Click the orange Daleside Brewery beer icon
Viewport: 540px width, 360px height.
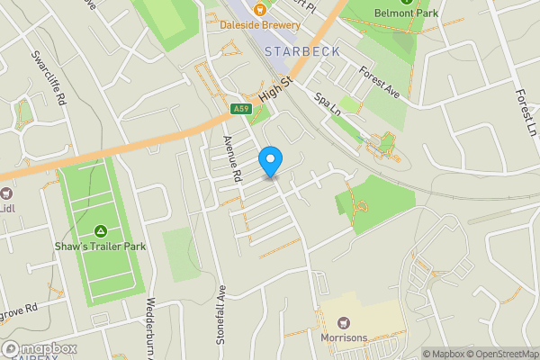[x=259, y=10]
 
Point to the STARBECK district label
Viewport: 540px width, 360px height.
[x=303, y=51]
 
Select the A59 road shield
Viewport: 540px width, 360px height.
[x=240, y=109]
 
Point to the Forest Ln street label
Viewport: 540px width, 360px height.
[x=526, y=111]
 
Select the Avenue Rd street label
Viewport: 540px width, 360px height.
[x=233, y=159]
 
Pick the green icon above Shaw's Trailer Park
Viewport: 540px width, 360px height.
[x=101, y=231]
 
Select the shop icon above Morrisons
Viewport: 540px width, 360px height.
[x=344, y=322]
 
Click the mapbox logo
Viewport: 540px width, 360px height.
[x=39, y=348]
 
